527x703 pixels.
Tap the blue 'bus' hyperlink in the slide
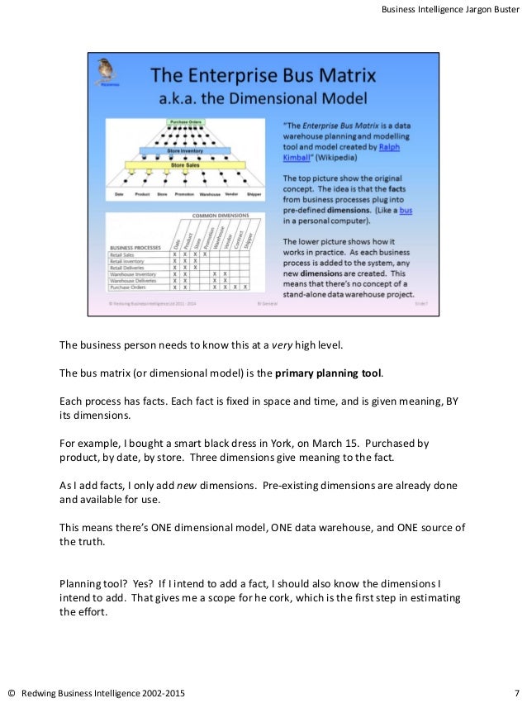406,210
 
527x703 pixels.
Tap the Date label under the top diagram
119,194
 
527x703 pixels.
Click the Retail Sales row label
124,254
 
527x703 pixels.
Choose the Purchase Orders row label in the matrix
129,287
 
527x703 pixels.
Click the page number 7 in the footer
515,691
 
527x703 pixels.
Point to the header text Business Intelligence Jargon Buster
450,9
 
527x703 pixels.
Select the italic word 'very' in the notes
283,344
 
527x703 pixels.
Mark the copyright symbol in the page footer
12,691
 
